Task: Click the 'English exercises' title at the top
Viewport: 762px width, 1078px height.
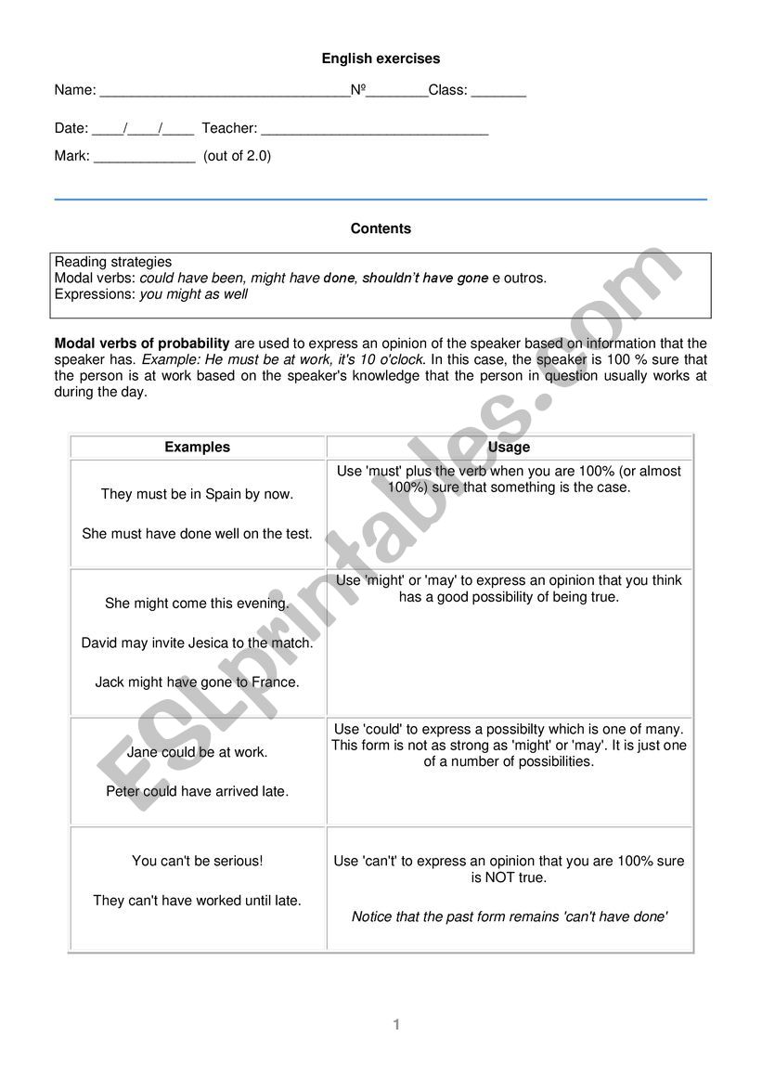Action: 381,58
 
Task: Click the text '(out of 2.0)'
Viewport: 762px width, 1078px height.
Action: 238,156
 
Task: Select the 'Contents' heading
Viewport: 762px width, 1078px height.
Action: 381,228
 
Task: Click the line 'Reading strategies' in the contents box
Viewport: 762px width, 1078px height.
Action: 113,262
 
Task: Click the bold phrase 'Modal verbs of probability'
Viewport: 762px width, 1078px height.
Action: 142,344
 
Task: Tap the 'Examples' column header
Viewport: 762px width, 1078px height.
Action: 197,447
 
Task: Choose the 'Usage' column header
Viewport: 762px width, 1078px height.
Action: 509,447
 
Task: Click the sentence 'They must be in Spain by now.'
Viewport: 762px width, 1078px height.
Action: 197,494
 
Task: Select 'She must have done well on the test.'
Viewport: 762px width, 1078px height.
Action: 197,534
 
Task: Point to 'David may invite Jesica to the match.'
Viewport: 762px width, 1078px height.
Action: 197,643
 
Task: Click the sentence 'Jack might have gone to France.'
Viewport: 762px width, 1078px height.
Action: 197,682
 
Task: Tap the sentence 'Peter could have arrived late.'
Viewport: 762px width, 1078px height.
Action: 197,791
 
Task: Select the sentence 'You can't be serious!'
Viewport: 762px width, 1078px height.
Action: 197,861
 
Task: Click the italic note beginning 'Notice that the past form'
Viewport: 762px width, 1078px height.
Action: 509,916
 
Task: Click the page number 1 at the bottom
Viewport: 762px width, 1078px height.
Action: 396,1024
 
